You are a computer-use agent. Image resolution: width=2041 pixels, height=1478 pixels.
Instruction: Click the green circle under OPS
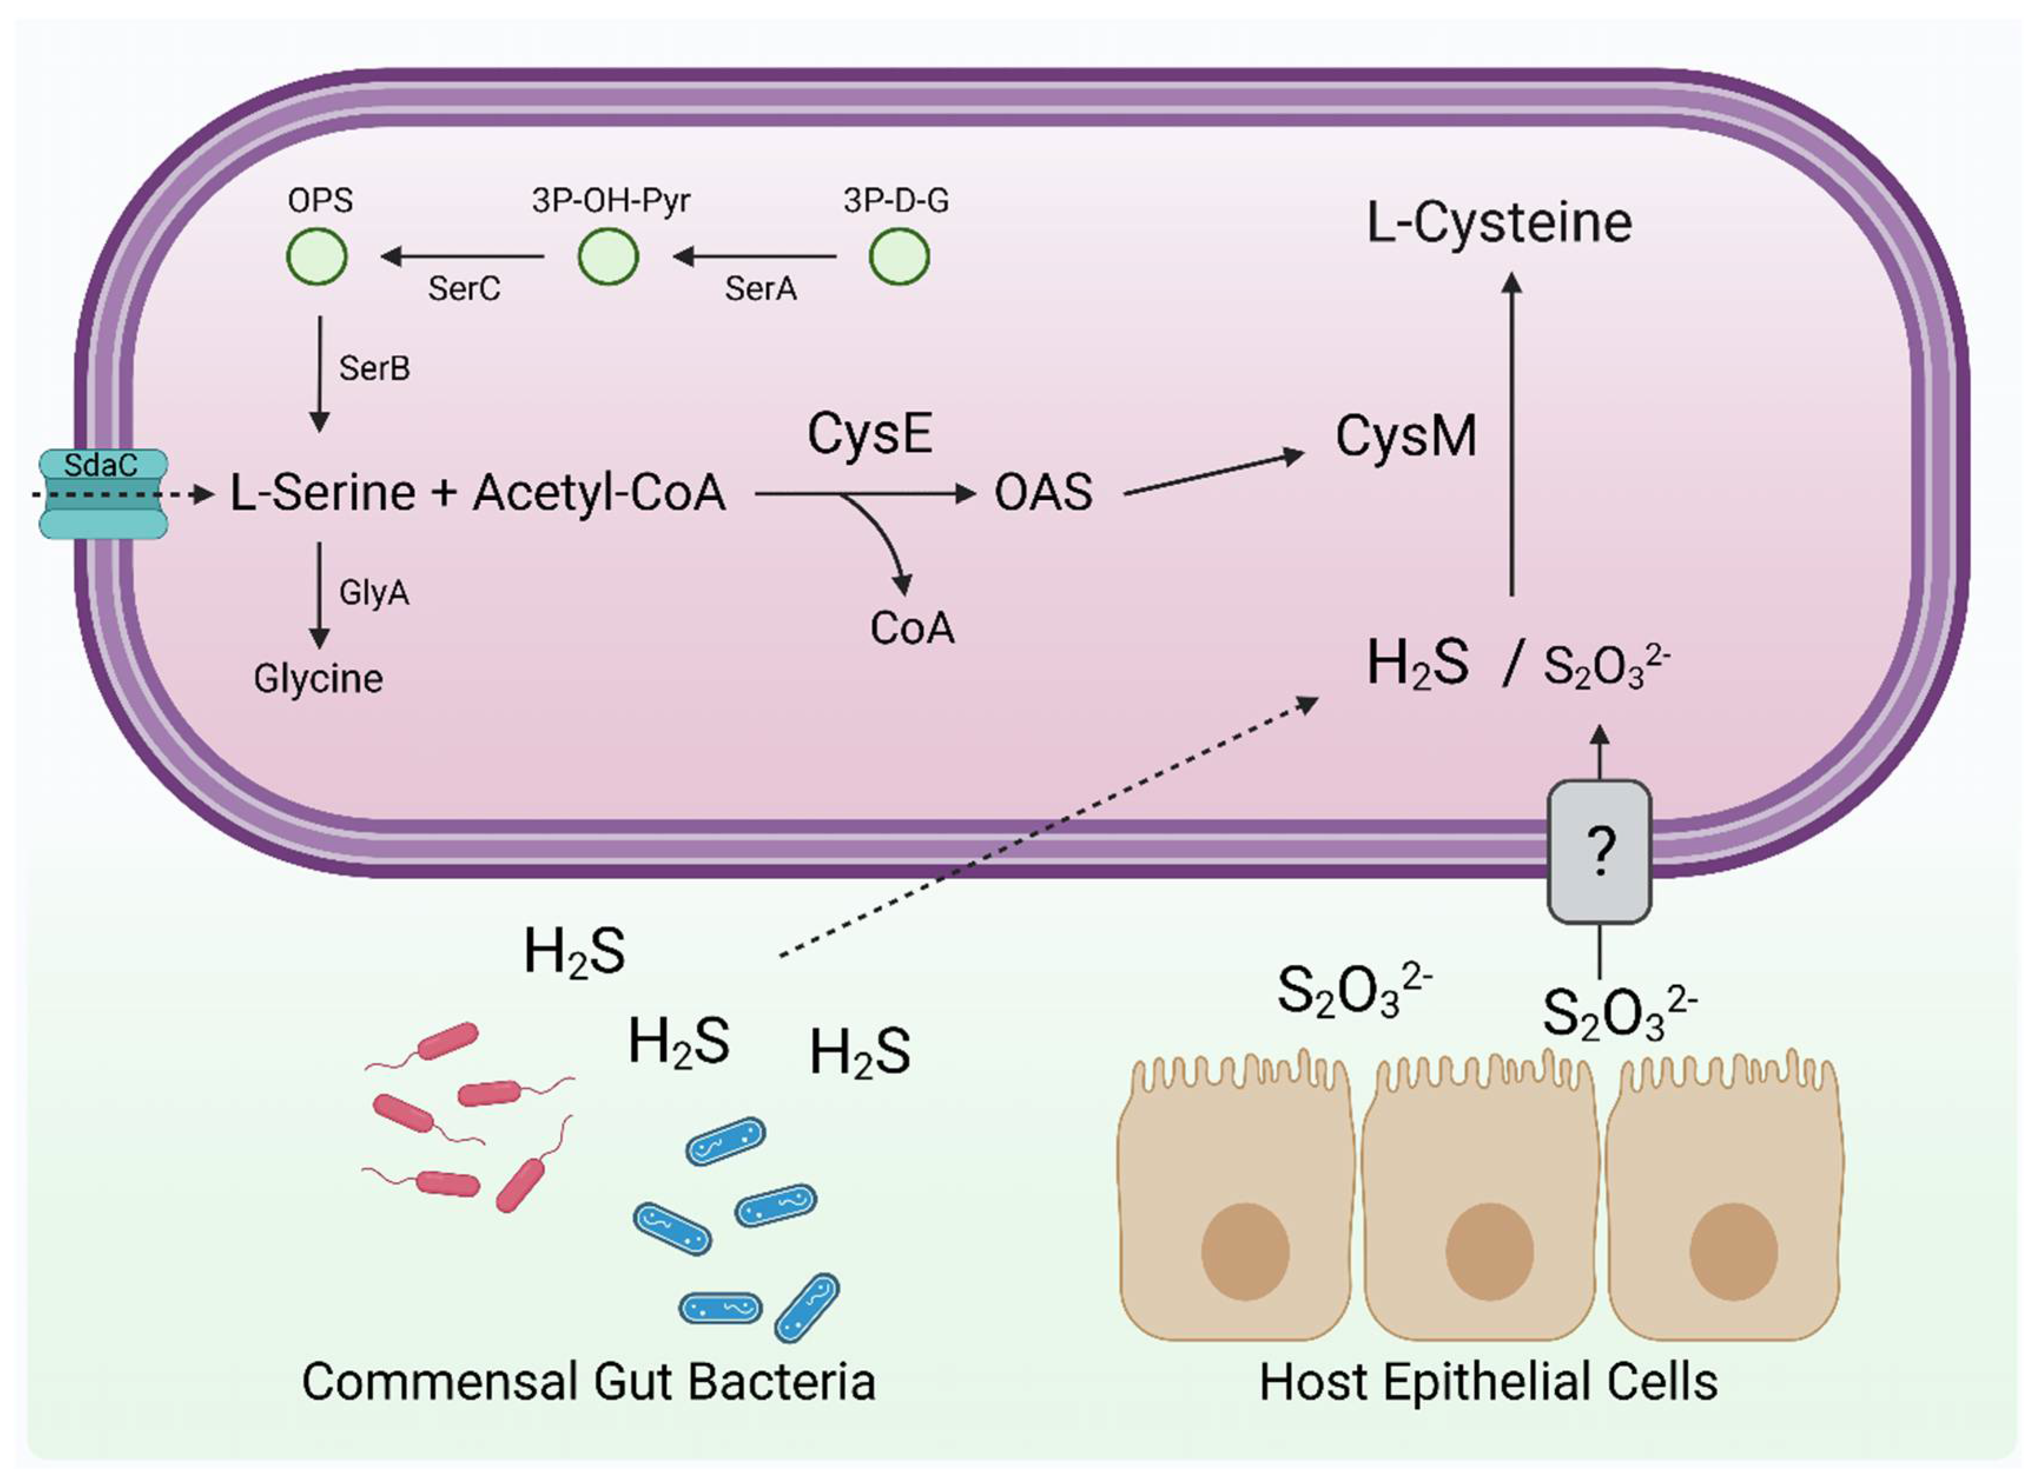point(317,256)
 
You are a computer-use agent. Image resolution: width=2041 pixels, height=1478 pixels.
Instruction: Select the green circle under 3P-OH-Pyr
point(608,256)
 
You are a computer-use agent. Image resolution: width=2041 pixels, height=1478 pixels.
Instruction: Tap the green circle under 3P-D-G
point(899,256)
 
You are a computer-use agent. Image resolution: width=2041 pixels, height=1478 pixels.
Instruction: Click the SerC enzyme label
point(464,289)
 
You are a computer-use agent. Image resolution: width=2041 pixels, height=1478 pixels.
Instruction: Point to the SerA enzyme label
point(760,289)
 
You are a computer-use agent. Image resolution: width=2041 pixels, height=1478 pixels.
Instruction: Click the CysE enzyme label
point(869,434)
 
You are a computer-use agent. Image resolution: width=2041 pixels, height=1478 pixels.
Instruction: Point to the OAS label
point(1043,492)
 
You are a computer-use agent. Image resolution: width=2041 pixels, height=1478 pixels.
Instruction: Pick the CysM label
point(1405,437)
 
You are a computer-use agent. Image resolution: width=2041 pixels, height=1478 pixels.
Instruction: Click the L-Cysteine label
point(1499,223)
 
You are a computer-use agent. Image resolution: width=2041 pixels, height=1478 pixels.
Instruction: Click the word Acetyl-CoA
point(600,493)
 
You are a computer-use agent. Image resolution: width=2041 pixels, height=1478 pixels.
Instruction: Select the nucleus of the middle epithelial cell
point(1489,1251)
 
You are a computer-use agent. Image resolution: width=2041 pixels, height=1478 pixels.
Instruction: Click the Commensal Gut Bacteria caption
point(588,1383)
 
